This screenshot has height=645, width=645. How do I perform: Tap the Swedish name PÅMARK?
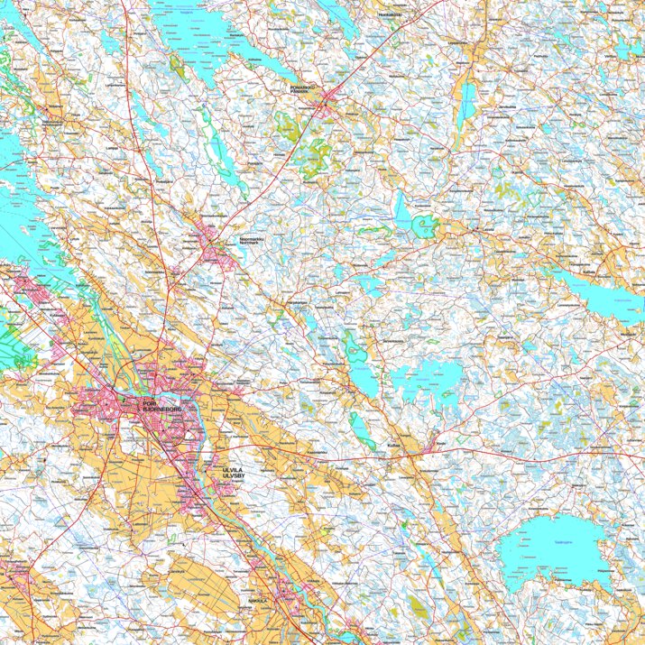click(299, 92)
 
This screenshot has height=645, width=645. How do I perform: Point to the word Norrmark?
click(253, 244)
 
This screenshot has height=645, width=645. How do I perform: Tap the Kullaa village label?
click(393, 445)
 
